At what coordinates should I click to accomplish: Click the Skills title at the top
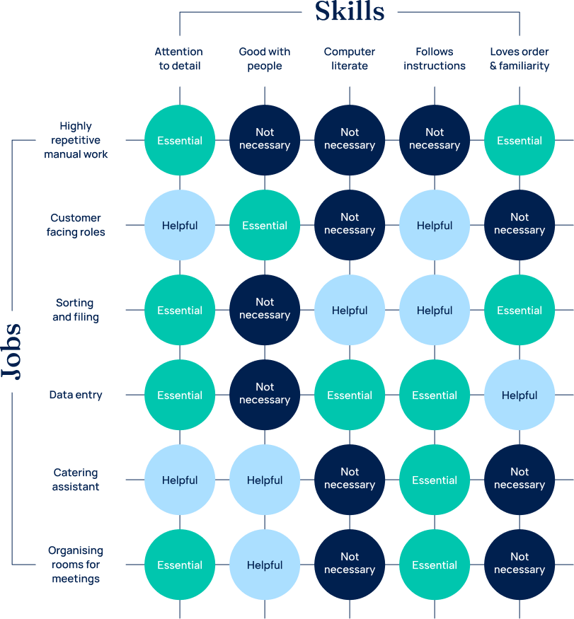pos(350,11)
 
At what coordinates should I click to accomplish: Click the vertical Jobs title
pos(11,352)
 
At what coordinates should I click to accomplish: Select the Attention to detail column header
pos(179,59)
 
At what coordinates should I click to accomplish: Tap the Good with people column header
pos(264,59)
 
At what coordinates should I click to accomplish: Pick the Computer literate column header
pos(349,59)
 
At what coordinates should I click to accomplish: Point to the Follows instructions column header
pos(435,59)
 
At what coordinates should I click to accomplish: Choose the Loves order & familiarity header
pos(520,59)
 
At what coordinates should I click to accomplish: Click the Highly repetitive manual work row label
pos(76,140)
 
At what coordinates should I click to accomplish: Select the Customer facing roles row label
pos(76,225)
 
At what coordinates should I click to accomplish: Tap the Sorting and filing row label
pos(76,310)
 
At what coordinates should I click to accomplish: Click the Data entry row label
pos(76,394)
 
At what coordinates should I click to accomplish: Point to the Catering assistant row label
pos(76,479)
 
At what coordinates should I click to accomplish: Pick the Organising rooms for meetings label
pos(76,564)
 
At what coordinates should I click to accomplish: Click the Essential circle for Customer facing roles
pos(265,225)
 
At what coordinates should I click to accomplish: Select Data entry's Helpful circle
pos(520,395)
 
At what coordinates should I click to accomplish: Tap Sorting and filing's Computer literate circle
pos(350,310)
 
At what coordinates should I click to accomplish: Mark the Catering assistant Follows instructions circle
pos(435,480)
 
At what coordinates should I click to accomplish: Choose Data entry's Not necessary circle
pos(265,395)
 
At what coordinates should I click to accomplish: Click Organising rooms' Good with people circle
pos(265,565)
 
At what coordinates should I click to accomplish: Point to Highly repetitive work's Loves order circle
pos(520,140)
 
